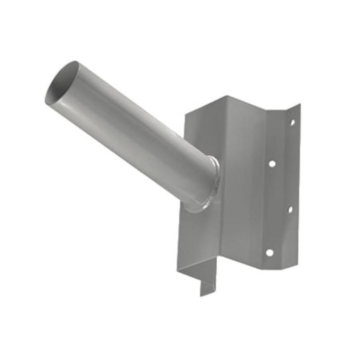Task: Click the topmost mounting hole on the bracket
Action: (x=292, y=122)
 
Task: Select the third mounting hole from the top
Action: (x=290, y=209)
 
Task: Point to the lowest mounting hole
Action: (x=269, y=252)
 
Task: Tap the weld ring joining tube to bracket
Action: (x=210, y=183)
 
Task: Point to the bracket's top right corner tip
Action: (x=300, y=105)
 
